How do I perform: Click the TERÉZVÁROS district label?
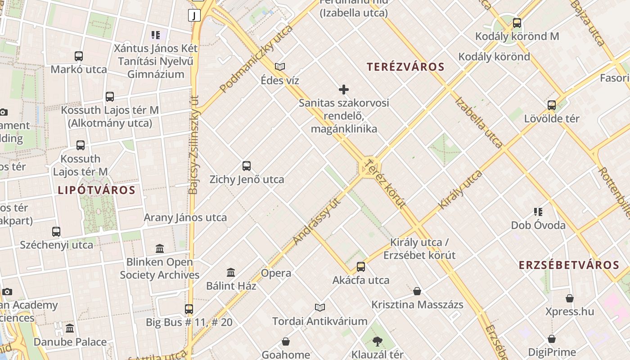405,67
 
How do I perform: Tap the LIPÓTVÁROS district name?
97,190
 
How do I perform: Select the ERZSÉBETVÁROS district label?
569,265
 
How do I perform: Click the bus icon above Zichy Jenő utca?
247,166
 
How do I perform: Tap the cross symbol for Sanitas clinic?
344,90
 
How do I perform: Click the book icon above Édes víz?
280,67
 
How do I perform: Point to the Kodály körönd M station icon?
517,22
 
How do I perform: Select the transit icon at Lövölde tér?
552,105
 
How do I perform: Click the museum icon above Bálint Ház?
231,272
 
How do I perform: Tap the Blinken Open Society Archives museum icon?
160,248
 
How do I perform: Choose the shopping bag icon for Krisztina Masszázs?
417,291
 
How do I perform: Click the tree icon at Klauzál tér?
377,342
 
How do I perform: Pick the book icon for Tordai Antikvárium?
320,307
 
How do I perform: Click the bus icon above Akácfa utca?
361,267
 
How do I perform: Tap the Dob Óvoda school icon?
538,211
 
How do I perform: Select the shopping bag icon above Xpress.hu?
570,298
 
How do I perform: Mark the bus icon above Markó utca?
79,56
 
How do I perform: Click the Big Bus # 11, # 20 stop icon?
189,309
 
